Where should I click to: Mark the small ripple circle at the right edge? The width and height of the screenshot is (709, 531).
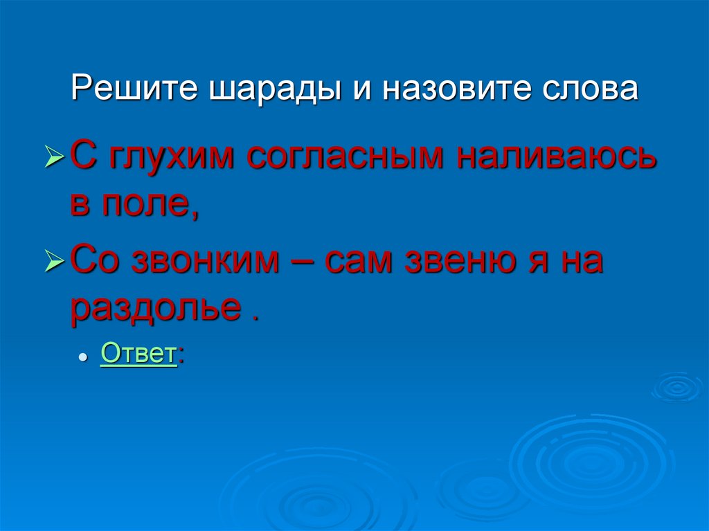(x=677, y=386)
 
